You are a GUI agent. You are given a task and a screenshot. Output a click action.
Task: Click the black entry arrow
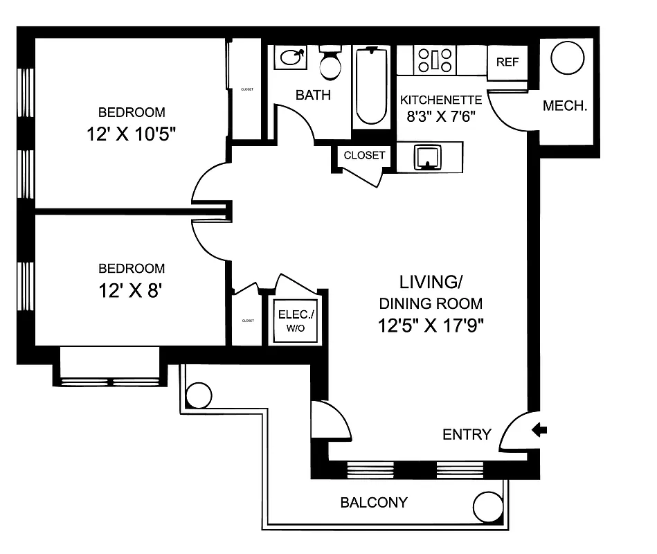(x=539, y=431)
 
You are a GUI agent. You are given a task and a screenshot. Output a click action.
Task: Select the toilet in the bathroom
(x=330, y=63)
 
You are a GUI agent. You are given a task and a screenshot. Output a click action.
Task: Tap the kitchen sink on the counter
(x=429, y=157)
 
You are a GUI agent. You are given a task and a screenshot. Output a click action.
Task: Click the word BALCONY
(x=374, y=503)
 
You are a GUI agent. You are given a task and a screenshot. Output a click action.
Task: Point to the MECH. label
(x=565, y=107)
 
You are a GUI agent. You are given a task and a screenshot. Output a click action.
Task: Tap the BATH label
(x=313, y=96)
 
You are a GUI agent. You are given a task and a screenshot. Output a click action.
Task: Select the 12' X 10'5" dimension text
(x=132, y=134)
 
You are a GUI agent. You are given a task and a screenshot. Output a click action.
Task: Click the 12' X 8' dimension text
(x=132, y=290)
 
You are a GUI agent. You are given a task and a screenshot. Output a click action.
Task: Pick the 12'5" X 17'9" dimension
(x=431, y=325)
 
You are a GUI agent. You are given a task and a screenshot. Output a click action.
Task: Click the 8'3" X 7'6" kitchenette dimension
(x=440, y=116)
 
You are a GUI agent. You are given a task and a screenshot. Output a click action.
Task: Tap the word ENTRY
(x=467, y=435)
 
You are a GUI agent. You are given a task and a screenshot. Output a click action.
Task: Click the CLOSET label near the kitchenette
(x=364, y=155)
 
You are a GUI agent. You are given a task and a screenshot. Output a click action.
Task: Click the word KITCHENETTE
(x=440, y=100)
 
